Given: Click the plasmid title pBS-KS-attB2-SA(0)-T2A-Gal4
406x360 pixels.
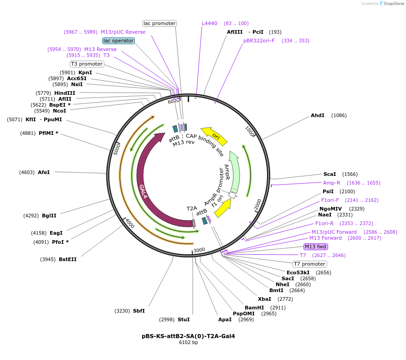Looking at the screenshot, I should (x=188, y=336).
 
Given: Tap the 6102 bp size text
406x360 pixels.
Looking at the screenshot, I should (x=188, y=342).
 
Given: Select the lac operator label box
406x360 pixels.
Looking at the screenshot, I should (x=118, y=41).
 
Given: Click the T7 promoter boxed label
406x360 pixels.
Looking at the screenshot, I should (x=310, y=264).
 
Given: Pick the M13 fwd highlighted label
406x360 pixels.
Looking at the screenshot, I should (x=316, y=247).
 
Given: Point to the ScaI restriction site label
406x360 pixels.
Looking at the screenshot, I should (x=329, y=174).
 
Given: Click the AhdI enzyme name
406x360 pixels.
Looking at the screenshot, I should (x=318, y=115).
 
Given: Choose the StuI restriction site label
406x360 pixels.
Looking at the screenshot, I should (x=184, y=319).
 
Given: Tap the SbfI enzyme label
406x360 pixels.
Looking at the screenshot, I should (x=139, y=311).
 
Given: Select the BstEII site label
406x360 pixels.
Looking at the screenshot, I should (x=67, y=259).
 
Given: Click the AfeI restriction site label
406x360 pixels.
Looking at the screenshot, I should (x=44, y=172).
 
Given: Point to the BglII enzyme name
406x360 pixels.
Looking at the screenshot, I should (x=49, y=216).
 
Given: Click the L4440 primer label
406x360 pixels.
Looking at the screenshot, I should (x=210, y=23).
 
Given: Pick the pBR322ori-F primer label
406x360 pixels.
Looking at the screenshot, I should (x=259, y=41).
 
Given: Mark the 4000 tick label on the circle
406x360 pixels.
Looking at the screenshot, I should (x=130, y=223).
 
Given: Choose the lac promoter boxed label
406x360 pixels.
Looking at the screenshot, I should (x=159, y=23).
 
